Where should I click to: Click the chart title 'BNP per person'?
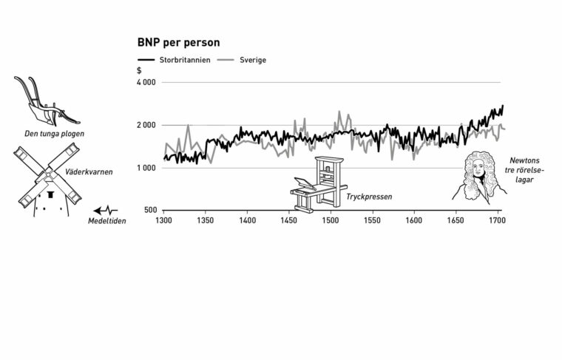(x=178, y=43)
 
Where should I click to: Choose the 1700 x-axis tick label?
(x=497, y=220)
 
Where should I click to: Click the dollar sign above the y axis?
(x=139, y=70)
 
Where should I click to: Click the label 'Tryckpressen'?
(x=368, y=197)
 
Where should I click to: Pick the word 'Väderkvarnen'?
(x=88, y=171)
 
